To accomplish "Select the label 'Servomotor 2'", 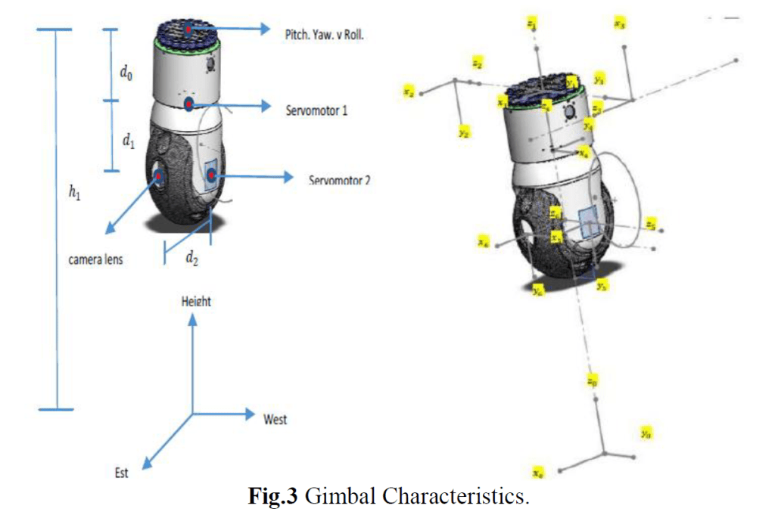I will (x=339, y=181).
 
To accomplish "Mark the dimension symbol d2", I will (x=191, y=258).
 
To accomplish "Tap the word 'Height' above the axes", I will (x=196, y=301).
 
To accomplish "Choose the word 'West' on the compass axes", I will (x=275, y=418).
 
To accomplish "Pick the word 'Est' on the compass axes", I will (x=121, y=473).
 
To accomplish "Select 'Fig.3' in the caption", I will (x=274, y=497).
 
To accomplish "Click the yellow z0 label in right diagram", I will (x=592, y=383).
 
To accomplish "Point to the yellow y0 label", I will (x=646, y=433).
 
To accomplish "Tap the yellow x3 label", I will (x=619, y=24).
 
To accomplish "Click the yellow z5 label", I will (x=649, y=223).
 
